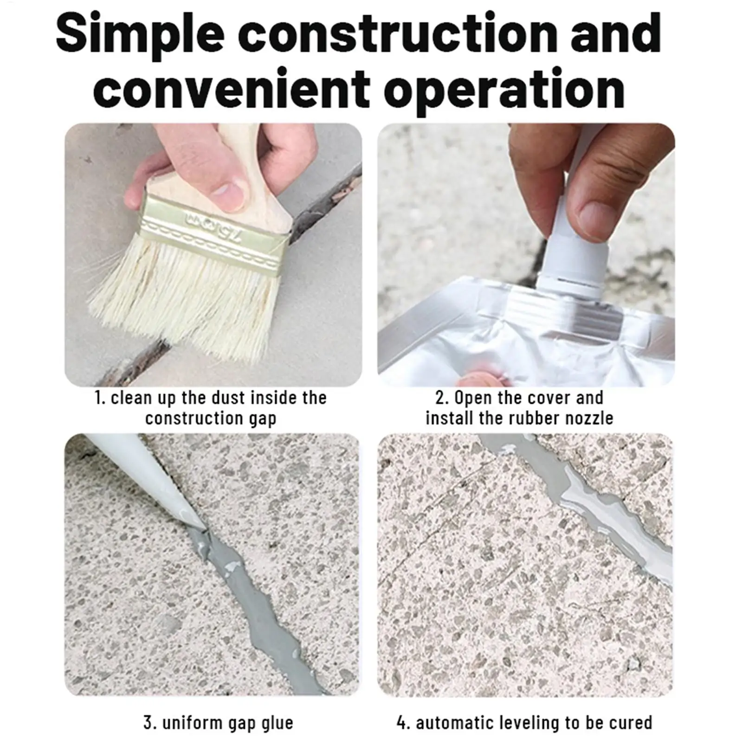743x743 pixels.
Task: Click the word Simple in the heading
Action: click(x=140, y=33)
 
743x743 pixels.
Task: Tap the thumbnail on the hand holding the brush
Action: click(x=227, y=190)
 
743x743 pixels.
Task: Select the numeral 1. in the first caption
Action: click(x=100, y=398)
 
